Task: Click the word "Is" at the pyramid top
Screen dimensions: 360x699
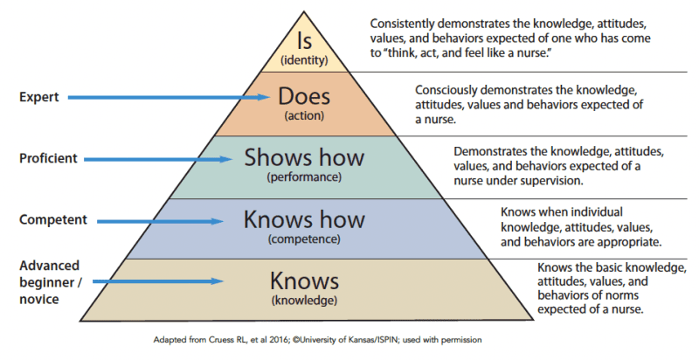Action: click(303, 41)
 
